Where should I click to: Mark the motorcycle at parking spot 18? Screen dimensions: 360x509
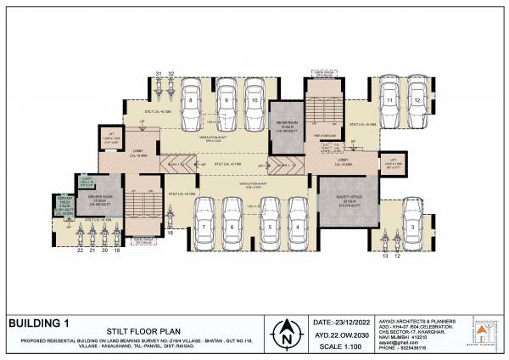170,222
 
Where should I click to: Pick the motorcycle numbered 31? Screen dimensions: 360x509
159,88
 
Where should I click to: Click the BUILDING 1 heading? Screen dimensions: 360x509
38,323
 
